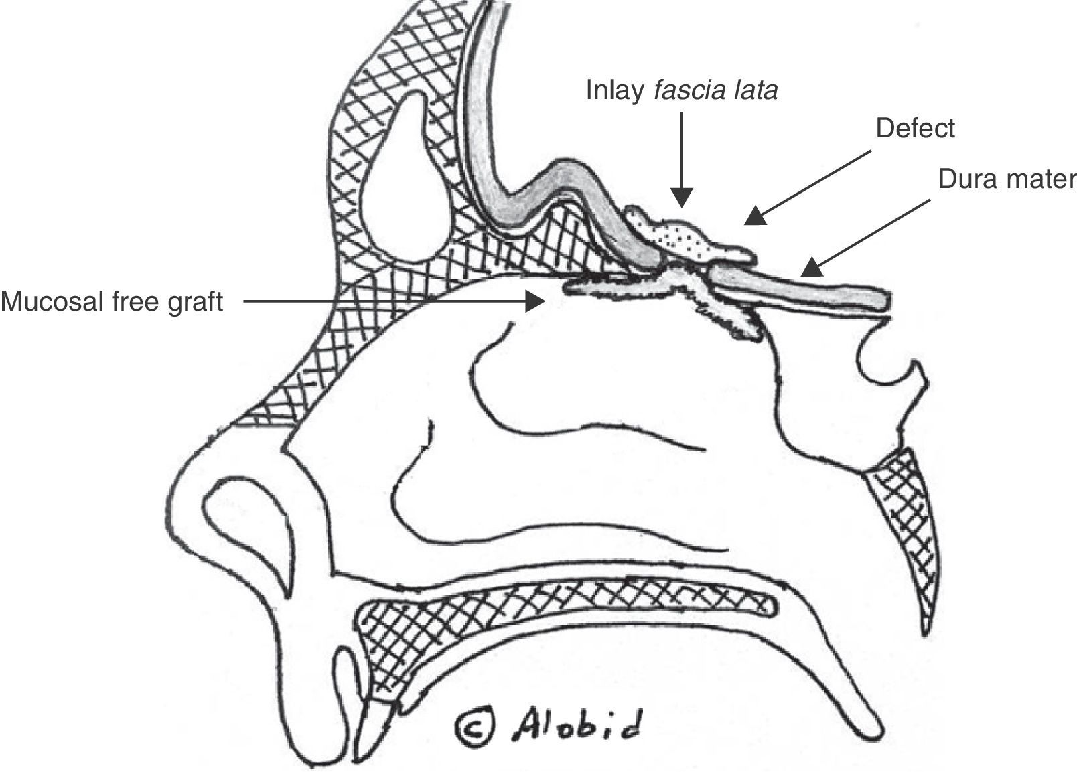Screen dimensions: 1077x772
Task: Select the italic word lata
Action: coord(756,90)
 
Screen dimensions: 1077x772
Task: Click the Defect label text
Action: coord(915,128)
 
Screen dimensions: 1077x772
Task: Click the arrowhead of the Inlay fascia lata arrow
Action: coord(682,198)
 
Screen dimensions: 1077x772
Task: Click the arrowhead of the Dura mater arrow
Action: coord(811,268)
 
